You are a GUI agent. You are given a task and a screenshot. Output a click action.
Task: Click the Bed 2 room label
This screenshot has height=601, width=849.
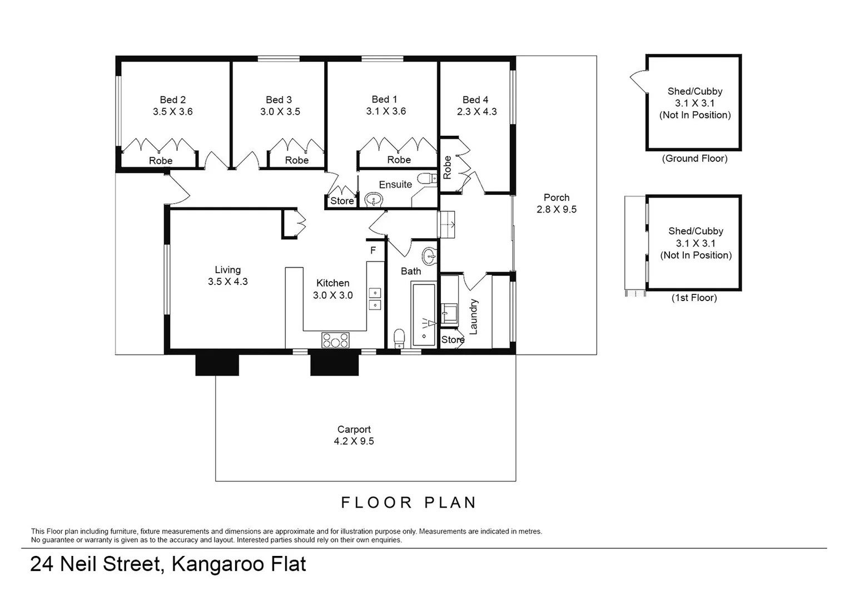pos(172,100)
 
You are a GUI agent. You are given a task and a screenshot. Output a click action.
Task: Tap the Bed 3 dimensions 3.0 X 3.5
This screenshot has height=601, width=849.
pos(280,111)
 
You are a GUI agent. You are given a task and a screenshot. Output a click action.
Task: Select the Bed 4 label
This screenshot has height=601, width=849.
pos(475,100)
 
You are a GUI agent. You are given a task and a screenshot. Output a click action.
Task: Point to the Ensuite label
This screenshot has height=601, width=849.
pos(395,184)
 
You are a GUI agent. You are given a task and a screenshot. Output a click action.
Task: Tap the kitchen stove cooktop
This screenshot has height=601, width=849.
pos(335,339)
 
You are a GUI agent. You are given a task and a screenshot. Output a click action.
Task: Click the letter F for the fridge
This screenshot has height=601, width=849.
pos(373,250)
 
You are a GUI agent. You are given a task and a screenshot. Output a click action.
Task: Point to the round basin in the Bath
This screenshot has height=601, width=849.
pos(429,257)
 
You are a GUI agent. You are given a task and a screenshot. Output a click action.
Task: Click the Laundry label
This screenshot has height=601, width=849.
pos(474,317)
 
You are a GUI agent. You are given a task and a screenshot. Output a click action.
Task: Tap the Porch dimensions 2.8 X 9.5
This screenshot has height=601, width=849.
pos(557,209)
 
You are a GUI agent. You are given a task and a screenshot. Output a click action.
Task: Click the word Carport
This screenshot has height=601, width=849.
pos(354,429)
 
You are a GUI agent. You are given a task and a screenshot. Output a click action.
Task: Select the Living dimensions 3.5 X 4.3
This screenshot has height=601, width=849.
pos(228,282)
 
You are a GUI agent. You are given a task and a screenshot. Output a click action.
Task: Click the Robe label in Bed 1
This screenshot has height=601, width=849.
pos(399,160)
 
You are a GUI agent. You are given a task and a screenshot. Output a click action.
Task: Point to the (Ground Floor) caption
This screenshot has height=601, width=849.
pos(694,159)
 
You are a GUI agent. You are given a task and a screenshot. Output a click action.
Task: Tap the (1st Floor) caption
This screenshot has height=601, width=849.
pos(694,298)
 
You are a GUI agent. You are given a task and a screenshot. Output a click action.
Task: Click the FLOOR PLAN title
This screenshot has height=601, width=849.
pos(409,503)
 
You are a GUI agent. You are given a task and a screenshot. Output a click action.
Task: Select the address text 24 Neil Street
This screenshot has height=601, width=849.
pos(95,564)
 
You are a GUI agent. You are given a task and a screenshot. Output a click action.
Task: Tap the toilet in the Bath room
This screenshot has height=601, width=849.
pos(399,337)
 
